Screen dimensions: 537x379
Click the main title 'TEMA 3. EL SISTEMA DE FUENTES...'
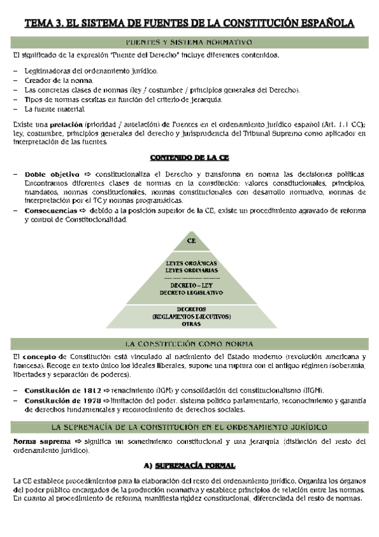189,24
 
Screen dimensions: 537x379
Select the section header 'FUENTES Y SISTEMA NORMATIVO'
189,42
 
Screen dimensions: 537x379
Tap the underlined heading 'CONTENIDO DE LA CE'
190,156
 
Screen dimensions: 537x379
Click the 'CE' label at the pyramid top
191,241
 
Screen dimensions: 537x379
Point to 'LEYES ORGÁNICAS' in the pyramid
191,263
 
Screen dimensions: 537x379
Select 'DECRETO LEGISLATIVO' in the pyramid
191,294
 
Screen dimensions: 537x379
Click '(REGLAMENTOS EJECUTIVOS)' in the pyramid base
191,317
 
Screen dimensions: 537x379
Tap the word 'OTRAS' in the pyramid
191,324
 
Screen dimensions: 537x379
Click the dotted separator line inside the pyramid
191,278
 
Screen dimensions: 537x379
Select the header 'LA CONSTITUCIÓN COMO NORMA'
189,344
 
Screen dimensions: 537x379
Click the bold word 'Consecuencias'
51,210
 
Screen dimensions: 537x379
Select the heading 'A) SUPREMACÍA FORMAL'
190,465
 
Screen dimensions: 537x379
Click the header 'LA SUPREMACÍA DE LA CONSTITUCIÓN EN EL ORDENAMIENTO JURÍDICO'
189,426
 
